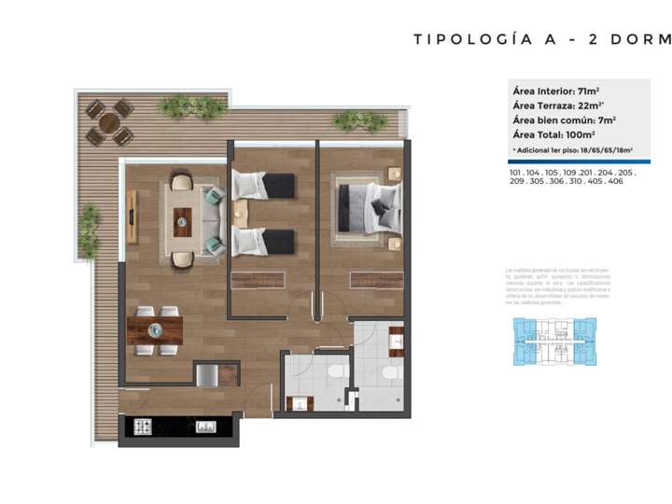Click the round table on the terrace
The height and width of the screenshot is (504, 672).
tap(109, 122)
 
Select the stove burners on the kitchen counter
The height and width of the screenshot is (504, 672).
tap(144, 427)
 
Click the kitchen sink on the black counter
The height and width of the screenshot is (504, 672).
tap(204, 427)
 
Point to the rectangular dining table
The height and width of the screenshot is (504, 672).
tap(155, 329)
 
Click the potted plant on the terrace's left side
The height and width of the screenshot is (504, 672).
tap(89, 231)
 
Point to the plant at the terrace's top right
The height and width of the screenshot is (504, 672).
tap(359, 120)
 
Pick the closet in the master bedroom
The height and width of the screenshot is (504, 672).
tap(376, 280)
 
